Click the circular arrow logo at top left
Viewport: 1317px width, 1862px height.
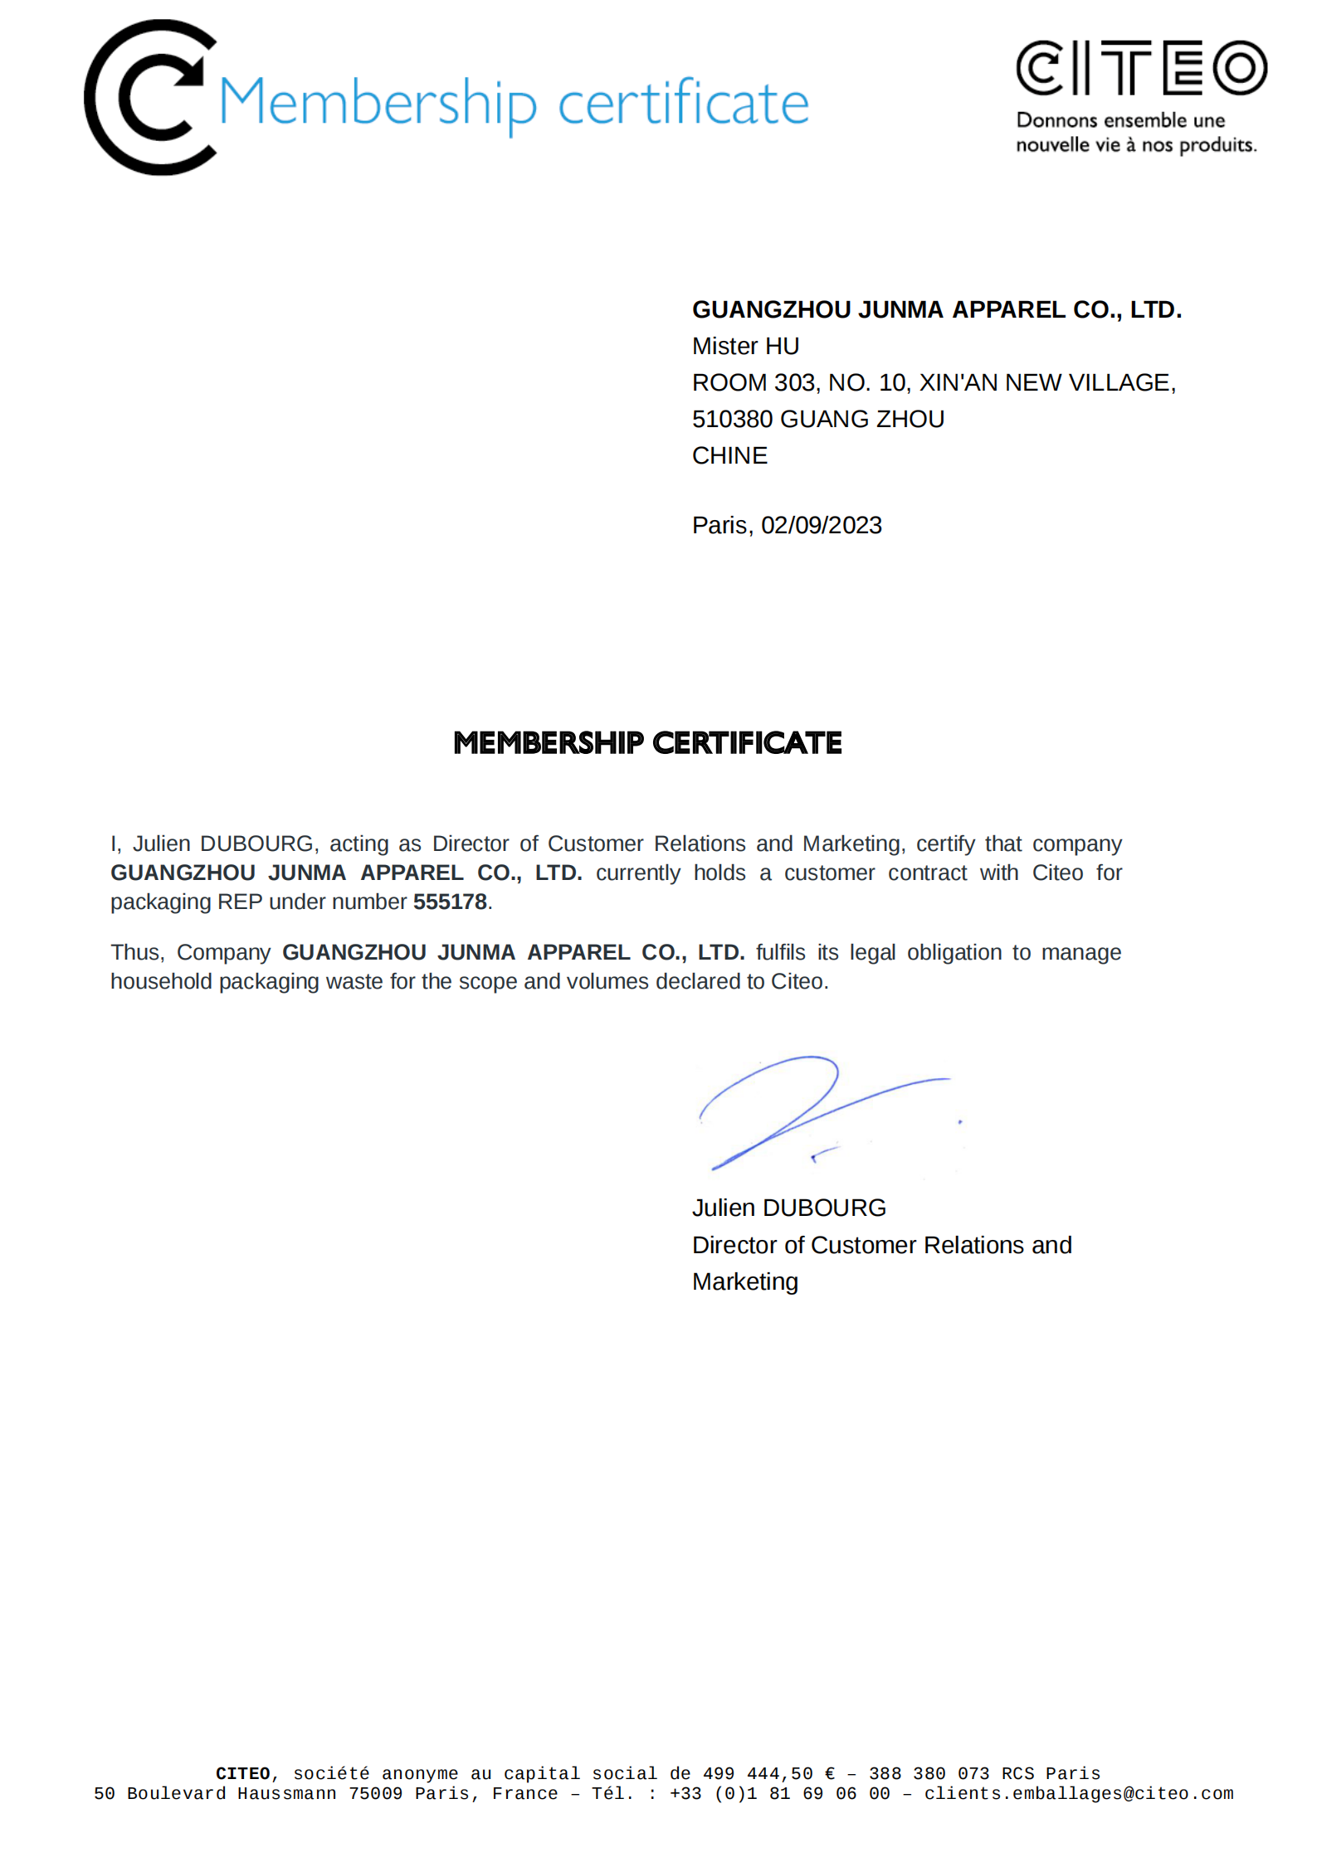pyautogui.click(x=149, y=98)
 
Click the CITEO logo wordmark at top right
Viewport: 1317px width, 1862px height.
pyautogui.click(x=1141, y=68)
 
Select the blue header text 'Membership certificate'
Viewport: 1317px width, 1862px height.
pyautogui.click(x=514, y=103)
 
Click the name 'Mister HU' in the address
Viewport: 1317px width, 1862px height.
pyautogui.click(x=745, y=346)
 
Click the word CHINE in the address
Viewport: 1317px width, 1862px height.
pyautogui.click(x=729, y=455)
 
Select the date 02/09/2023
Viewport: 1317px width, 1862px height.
pyautogui.click(x=821, y=525)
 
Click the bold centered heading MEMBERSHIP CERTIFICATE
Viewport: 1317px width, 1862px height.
pyautogui.click(x=647, y=743)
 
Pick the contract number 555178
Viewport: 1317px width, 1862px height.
pyautogui.click(x=450, y=902)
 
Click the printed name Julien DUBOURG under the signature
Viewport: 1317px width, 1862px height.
pyautogui.click(x=788, y=1208)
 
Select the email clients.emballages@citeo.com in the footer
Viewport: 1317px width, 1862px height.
pyautogui.click(x=1079, y=1794)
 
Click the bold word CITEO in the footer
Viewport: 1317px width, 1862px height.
pyautogui.click(x=242, y=1773)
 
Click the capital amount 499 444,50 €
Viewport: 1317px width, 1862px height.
pyautogui.click(x=768, y=1773)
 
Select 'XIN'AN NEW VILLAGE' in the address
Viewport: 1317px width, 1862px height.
pyautogui.click(x=1046, y=382)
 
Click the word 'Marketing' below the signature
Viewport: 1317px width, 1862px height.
pyautogui.click(x=744, y=1281)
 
